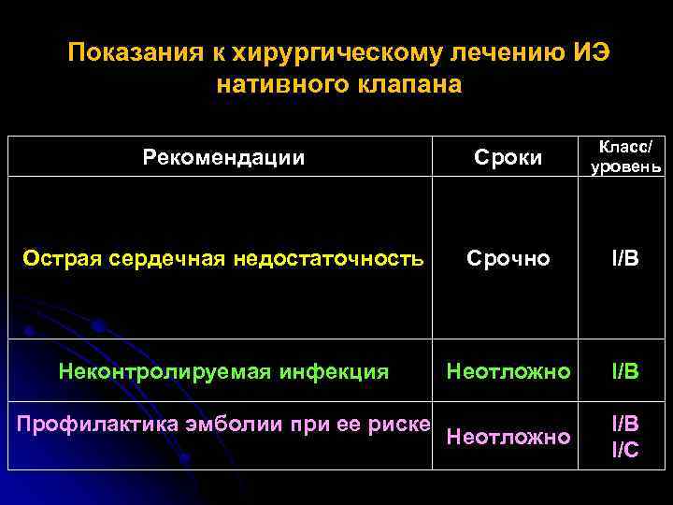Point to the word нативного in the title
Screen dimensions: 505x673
(x=281, y=85)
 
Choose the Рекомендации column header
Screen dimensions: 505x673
(x=223, y=157)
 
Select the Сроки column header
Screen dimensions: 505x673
(x=508, y=157)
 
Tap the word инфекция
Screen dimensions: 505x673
(x=332, y=371)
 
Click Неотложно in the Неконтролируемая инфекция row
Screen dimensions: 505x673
(x=508, y=371)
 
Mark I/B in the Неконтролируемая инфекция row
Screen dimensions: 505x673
(x=625, y=371)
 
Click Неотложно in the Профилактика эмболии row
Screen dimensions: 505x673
(x=508, y=436)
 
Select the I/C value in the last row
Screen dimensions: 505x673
(x=625, y=449)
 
